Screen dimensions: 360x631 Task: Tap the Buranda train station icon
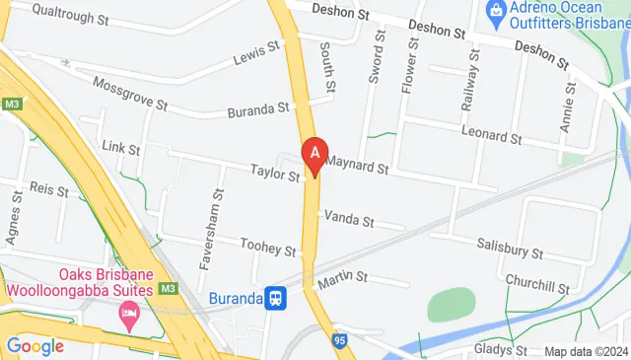click(277, 296)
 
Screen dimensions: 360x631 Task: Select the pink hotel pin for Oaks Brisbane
click(128, 316)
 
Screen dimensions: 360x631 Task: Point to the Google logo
click(35, 345)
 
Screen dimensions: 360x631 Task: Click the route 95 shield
click(340, 340)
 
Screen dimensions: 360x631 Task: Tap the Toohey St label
click(268, 248)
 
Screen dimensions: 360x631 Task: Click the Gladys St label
click(500, 349)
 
